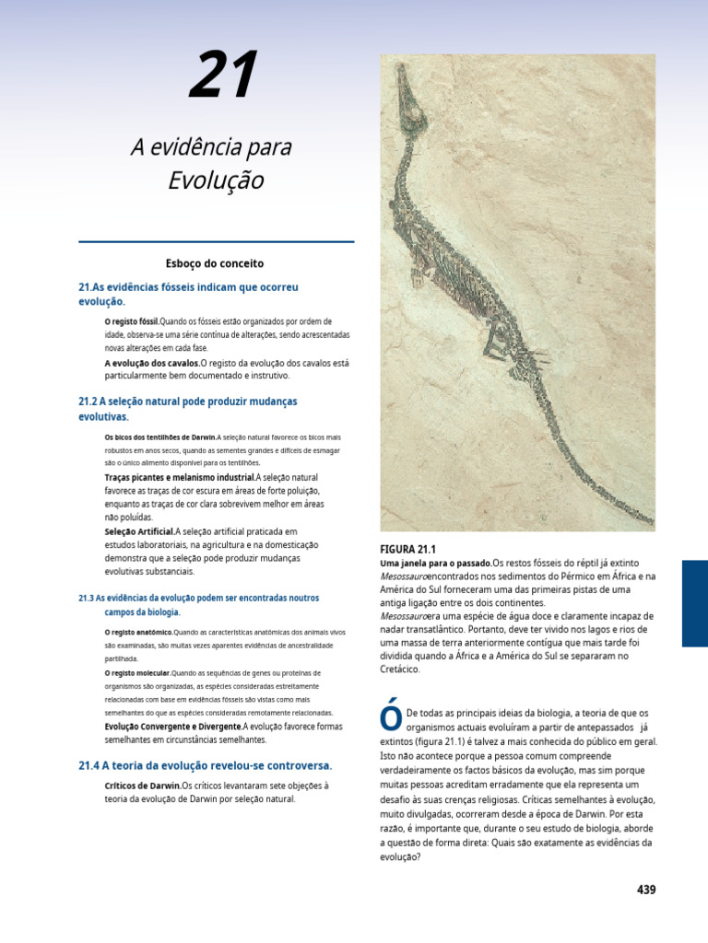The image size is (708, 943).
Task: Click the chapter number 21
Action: pos(222,76)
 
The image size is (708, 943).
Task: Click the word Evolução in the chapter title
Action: pos(216,180)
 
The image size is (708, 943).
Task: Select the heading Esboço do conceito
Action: pos(215,263)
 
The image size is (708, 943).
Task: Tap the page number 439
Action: pos(645,890)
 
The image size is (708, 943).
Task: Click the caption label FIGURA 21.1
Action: pos(407,549)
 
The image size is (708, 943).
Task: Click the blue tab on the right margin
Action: pos(694,603)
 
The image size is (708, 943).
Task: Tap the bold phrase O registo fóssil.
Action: pos(132,321)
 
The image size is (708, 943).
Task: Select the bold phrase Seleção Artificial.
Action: pos(139,531)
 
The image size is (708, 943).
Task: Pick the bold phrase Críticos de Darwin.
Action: pos(143,786)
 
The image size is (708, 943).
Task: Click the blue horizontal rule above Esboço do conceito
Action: pos(216,242)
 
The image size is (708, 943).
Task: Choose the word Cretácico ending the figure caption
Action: pos(400,669)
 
